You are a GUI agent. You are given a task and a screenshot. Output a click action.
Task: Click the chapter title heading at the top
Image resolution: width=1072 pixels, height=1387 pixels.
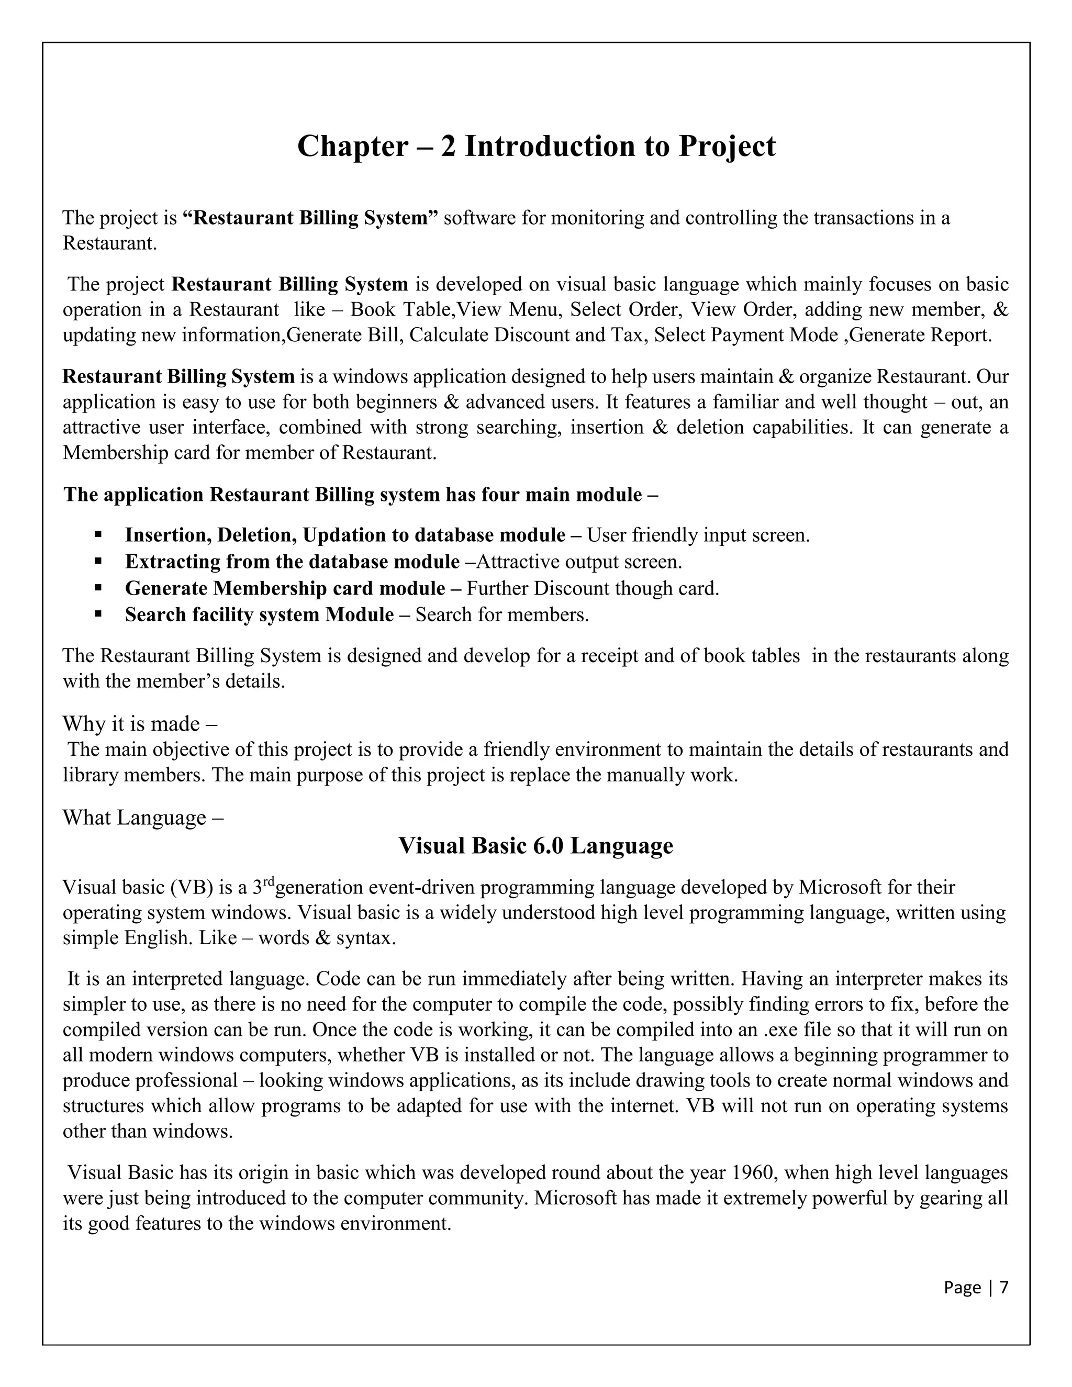pos(536,146)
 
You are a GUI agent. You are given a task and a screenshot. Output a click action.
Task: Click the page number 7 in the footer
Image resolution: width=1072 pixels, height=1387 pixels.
pos(1004,1288)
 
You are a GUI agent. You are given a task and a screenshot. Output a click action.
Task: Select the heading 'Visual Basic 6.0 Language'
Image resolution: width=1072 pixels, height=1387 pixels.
pos(535,846)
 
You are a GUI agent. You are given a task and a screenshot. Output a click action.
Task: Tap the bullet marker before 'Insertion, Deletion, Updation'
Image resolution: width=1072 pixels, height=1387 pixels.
pos(98,535)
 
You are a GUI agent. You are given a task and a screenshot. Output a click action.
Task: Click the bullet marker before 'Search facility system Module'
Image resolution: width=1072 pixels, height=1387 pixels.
pos(98,615)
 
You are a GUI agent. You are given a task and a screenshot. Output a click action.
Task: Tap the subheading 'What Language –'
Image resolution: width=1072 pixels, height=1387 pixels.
pos(143,818)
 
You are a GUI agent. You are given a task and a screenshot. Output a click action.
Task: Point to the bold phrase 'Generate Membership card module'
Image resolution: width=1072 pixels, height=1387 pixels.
pos(285,589)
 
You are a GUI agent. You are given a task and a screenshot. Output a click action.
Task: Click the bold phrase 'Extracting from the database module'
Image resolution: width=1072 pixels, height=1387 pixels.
pos(292,562)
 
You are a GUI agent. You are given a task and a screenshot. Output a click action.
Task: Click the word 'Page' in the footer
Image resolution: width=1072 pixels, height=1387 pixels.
pos(962,1288)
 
